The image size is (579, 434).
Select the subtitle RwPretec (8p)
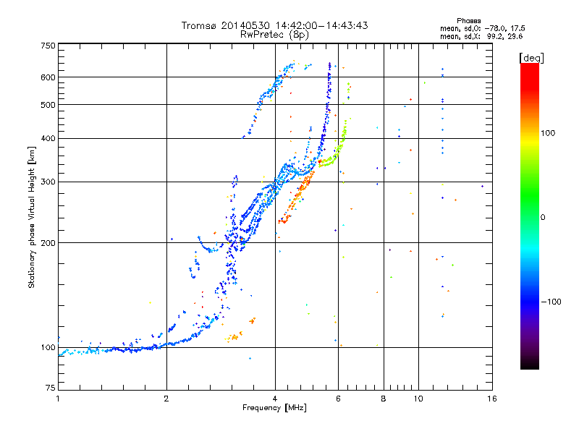pos(274,35)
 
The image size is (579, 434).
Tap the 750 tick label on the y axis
pos(48,46)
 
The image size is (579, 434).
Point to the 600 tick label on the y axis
pos(48,77)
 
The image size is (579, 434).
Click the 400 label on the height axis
pos(48,139)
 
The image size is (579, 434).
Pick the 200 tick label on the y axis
pos(48,243)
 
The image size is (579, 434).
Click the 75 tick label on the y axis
pos(51,388)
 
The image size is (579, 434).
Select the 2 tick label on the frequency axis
pos(166,399)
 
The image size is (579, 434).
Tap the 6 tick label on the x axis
pos(338,399)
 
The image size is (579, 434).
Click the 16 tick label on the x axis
pos(492,399)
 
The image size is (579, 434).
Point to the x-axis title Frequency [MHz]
pos(274,408)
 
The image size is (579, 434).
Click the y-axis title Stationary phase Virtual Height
pos(31,232)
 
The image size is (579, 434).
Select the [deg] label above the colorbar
pos(531,58)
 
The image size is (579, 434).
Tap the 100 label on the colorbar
pos(548,133)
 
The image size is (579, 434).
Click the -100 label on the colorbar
pos(551,302)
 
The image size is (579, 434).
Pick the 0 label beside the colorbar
pos(543,218)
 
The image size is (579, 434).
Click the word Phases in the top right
pos(468,21)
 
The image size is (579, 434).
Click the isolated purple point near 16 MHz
pos(482,187)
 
